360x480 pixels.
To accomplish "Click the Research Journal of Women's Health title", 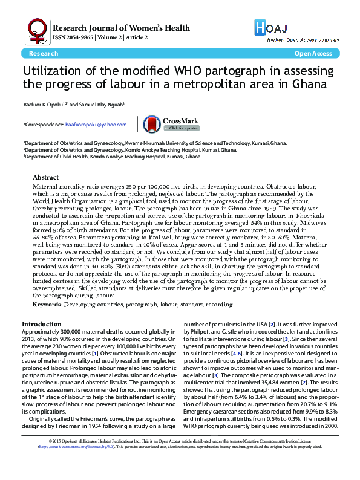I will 122,28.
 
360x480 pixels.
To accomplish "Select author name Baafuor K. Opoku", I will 43,104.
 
